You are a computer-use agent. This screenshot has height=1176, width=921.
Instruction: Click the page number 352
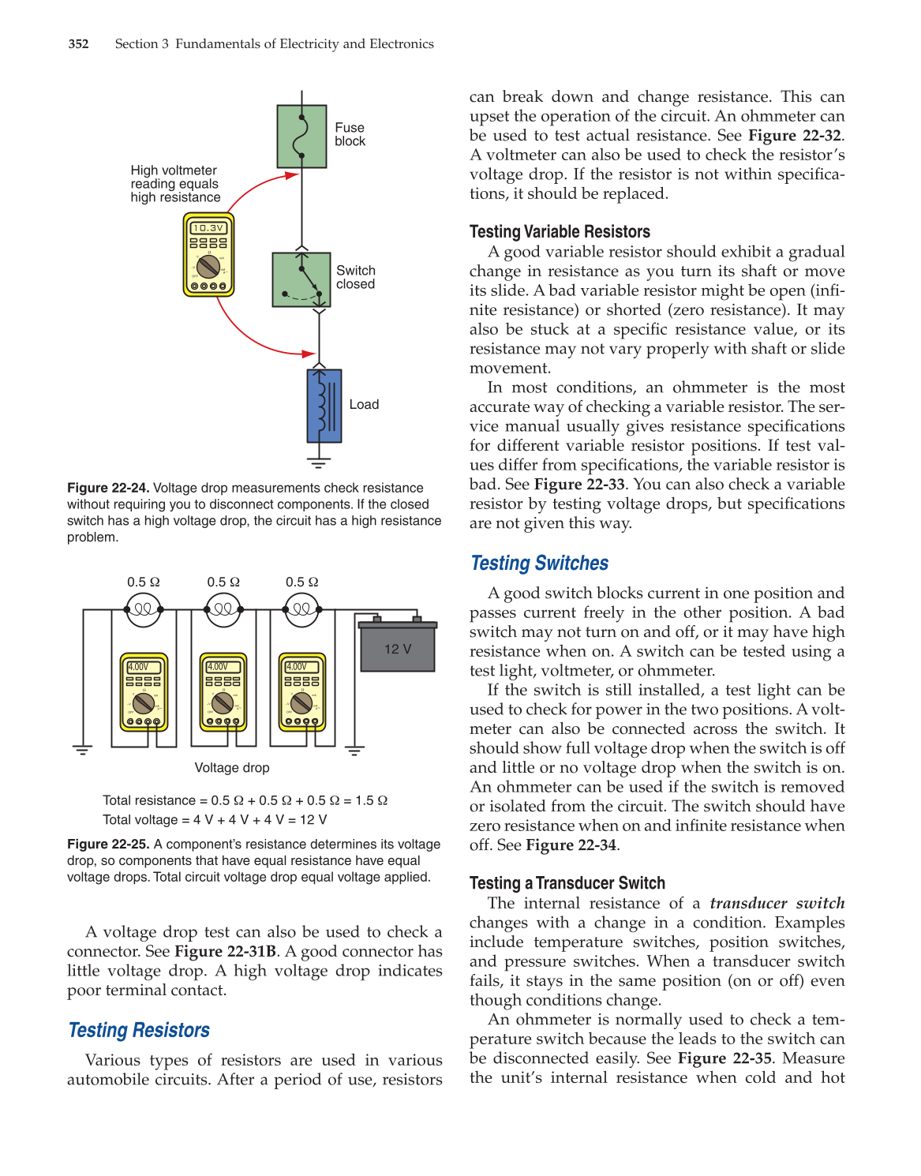[x=78, y=44]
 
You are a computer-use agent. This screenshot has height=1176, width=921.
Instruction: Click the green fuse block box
[x=301, y=137]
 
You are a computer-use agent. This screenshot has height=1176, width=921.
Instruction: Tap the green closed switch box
[x=301, y=279]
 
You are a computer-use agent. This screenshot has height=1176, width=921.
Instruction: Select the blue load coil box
[x=324, y=406]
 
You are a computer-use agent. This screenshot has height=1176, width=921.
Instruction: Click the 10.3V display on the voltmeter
[x=208, y=228]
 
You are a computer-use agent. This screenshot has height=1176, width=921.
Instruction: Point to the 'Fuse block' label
[x=350, y=134]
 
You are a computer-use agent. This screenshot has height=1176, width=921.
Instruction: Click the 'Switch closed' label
[x=356, y=277]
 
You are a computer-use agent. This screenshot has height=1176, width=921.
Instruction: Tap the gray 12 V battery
[x=398, y=648]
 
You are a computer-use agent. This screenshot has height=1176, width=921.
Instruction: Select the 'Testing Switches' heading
[x=539, y=564]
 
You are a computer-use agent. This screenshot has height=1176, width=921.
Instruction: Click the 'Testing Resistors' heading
[x=139, y=1031]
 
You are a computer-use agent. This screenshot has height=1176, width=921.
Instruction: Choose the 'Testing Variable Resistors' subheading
[x=560, y=232]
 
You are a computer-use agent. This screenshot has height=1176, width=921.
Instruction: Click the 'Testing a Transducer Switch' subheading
[x=567, y=883]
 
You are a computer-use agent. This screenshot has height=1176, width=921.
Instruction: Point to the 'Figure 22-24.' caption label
[x=108, y=489]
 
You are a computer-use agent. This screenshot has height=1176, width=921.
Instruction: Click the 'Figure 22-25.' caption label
[x=108, y=845]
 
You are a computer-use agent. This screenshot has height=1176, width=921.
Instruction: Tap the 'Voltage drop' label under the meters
[x=232, y=768]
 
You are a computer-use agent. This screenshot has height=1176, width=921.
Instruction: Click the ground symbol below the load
[x=318, y=462]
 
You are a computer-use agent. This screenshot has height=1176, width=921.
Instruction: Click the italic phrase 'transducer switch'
[x=777, y=903]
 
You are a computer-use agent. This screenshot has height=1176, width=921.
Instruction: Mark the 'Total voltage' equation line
[x=215, y=820]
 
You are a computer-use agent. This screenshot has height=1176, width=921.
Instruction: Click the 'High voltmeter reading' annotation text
[x=175, y=184]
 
